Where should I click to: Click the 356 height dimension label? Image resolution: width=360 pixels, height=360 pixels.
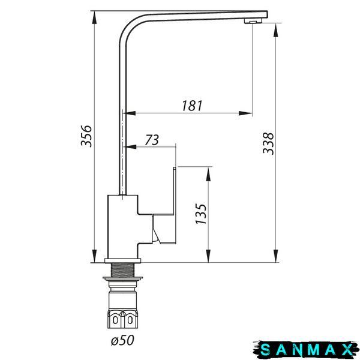(x=86, y=136)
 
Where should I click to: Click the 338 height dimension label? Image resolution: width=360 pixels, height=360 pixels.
(x=268, y=143)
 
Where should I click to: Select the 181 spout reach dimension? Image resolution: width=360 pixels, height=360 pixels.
(x=192, y=106)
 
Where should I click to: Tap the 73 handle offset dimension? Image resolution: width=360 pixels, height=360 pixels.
(x=152, y=140)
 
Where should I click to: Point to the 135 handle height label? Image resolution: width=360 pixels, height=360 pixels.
(x=201, y=214)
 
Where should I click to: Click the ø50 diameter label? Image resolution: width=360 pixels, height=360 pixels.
(x=122, y=340)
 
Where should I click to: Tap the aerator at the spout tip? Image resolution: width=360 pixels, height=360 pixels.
(x=253, y=21)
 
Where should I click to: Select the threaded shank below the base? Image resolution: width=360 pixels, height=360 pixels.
(x=122, y=270)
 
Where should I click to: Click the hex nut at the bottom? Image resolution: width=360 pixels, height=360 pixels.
(x=122, y=319)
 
